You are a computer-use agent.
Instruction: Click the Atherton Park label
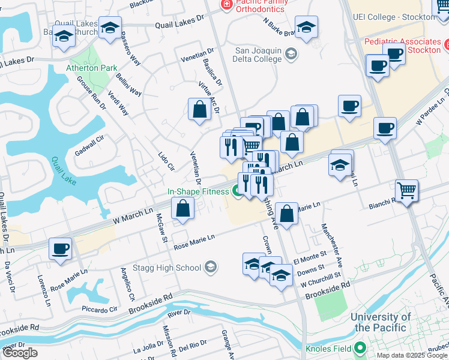tap(92, 68)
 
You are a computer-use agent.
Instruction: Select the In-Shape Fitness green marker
tap(238, 191)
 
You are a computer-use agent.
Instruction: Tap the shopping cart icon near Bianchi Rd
tap(407, 191)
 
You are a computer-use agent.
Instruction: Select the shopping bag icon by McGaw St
tap(182, 209)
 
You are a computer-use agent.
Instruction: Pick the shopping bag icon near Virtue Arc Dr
tap(199, 110)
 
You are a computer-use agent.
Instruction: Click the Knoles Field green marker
tap(360, 347)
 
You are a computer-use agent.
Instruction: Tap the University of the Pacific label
tap(381, 322)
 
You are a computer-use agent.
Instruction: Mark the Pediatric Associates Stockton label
tap(402, 46)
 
